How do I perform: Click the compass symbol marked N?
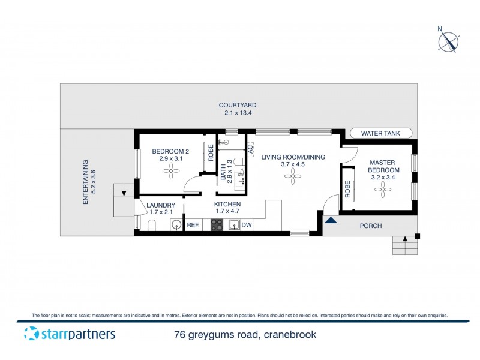point(448,41)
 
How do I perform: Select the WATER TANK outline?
point(381,134)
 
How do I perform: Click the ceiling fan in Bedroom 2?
point(170,172)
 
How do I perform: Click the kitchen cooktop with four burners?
point(217,225)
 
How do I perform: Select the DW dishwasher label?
point(246,225)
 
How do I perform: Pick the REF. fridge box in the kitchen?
point(193,225)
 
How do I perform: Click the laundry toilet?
point(151,225)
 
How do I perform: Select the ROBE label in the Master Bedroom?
point(347,190)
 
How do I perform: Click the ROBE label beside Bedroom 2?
point(211,153)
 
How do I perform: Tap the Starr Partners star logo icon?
point(31,334)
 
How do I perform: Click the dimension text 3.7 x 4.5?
point(293,164)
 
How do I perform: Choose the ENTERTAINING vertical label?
point(85,182)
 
